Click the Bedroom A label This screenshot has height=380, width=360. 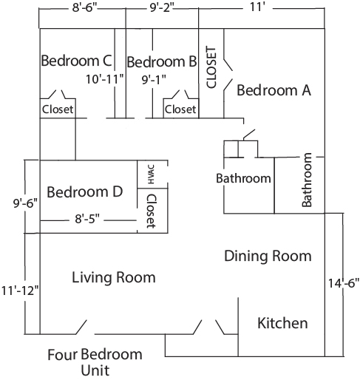coord(274,90)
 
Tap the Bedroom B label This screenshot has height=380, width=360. coord(162,61)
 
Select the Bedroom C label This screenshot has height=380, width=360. coord(76,61)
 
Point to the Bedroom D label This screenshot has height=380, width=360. coord(85,191)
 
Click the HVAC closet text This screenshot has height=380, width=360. coord(151,174)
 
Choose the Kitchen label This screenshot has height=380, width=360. coord(282,323)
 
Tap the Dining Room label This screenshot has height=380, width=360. coord(268,256)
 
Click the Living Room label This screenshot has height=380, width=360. coord(114,277)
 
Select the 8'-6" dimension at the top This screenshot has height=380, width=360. coord(85,7)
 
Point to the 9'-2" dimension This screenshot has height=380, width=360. coord(162,7)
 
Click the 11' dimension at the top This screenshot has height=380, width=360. coord(257,7)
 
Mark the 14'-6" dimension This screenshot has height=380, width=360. coord(344,283)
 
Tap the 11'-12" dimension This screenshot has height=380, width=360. coord(20,291)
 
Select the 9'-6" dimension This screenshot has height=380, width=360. coord(25,203)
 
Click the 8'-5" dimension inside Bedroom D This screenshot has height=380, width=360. coord(87,218)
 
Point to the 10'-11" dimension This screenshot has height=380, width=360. coord(104,79)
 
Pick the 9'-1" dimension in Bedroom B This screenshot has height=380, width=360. coord(154,80)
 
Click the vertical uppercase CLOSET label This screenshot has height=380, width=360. coord(211,67)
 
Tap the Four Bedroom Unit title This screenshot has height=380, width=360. coord(95,362)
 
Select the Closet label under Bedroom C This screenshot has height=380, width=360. coord(58,109)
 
